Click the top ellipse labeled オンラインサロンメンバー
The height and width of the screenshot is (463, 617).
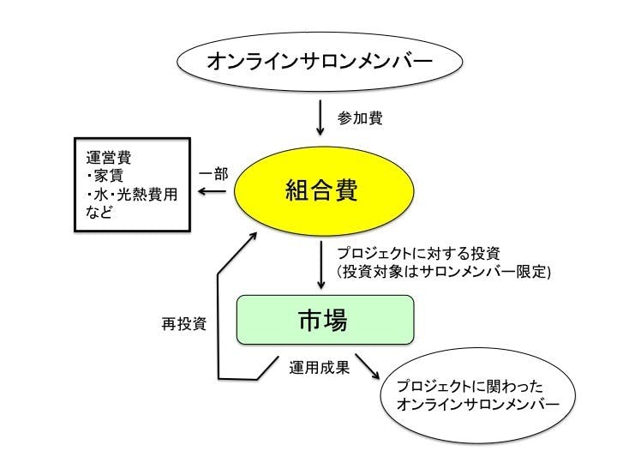[x=320, y=63]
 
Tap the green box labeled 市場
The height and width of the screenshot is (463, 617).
[x=325, y=321]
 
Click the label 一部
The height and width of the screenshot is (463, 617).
[x=213, y=173]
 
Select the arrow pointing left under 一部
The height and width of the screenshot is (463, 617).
[x=214, y=192]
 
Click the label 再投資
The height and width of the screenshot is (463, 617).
[x=183, y=325]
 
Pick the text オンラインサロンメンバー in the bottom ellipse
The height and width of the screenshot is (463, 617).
[x=474, y=405]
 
